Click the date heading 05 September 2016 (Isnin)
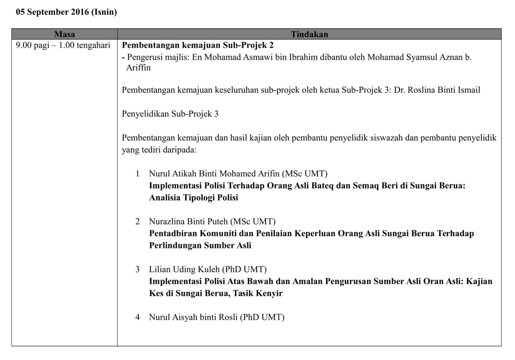[66, 12]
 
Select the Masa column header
[64, 34]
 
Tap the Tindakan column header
[309, 34]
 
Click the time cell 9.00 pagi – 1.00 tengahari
[63, 45]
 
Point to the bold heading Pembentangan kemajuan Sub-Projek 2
[198, 45]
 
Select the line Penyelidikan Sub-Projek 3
[170, 114]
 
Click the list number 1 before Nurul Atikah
[138, 174]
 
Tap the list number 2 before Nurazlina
[138, 222]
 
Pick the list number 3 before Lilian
[138, 270]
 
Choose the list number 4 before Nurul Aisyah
[138, 317]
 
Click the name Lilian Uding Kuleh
[185, 270]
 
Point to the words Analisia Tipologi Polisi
[193, 198]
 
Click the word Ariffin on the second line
[138, 68]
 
